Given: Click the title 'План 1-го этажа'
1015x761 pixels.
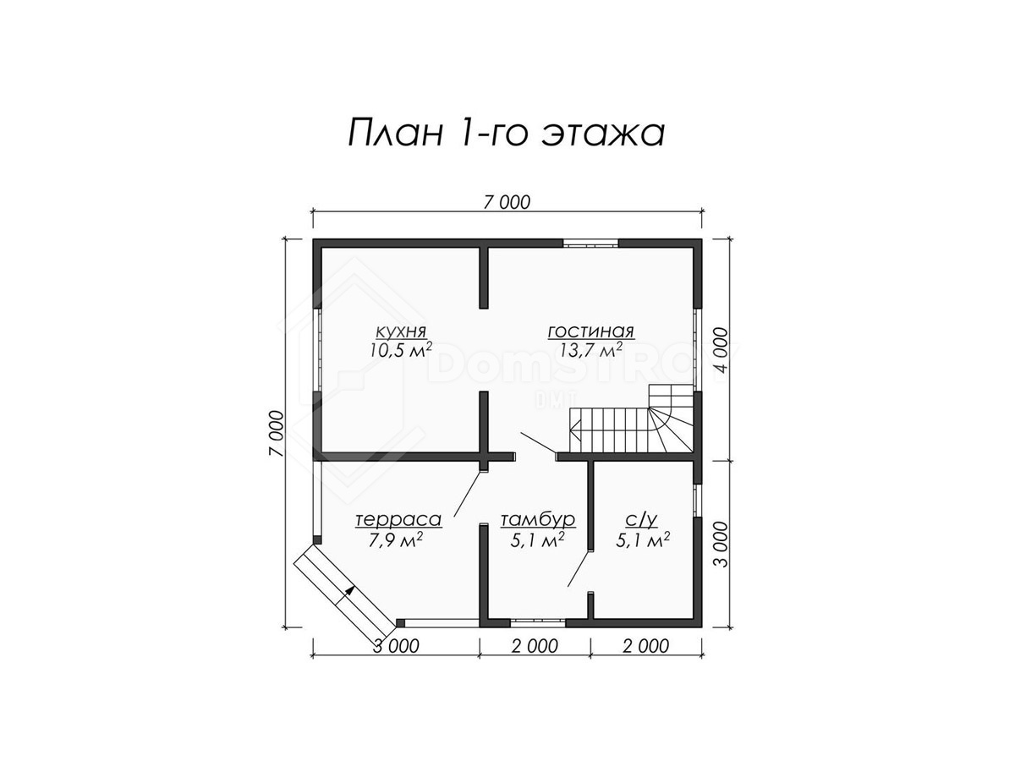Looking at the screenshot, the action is click(506, 133).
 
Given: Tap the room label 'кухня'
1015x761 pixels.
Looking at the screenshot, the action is click(400, 331).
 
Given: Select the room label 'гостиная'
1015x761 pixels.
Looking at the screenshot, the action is click(590, 331).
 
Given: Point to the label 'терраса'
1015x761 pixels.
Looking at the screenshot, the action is click(398, 519).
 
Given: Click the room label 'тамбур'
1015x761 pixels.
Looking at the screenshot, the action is click(538, 520).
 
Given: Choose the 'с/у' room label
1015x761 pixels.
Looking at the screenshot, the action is click(641, 521).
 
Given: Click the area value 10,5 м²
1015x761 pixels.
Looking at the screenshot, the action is click(400, 350).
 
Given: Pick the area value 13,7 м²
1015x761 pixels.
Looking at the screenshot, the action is click(590, 350).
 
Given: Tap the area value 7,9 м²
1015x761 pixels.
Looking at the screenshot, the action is click(396, 539).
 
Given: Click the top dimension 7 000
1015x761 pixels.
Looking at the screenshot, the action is click(507, 202).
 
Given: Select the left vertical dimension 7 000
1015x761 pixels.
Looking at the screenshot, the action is click(276, 434).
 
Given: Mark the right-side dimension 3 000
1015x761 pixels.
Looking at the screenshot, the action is click(721, 545).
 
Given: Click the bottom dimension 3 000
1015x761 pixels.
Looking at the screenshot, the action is click(396, 646).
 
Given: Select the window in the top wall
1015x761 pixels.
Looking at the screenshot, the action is click(590, 243).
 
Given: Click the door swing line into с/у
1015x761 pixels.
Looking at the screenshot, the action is click(579, 568).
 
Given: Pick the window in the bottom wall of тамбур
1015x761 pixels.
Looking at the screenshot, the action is click(538, 622).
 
